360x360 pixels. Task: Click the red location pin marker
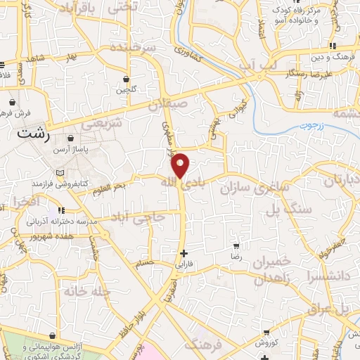click(181, 165)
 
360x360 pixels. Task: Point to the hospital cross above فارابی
click(184, 253)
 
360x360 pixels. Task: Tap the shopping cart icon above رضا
click(236, 247)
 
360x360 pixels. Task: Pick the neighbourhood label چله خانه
click(88, 290)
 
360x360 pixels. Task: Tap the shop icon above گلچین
click(126, 79)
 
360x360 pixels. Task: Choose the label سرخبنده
click(136, 48)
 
